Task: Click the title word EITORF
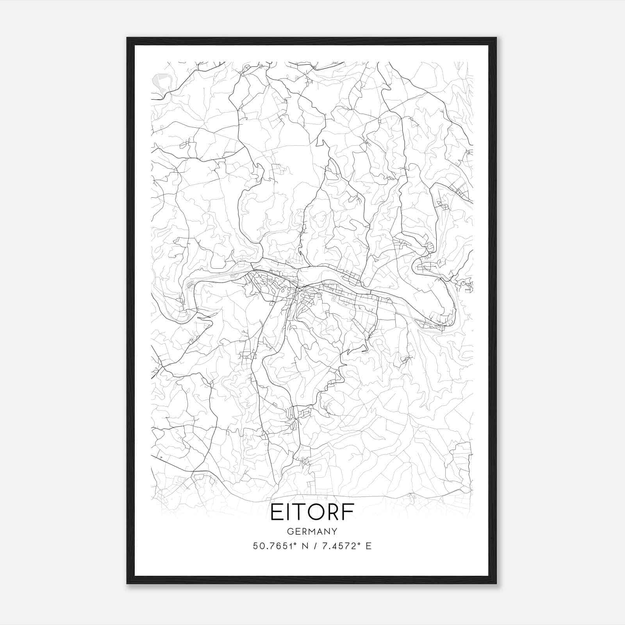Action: tap(312, 512)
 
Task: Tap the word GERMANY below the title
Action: tap(312, 532)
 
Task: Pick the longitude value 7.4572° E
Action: tap(344, 546)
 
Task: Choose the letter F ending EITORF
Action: tap(349, 512)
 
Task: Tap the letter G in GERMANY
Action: tap(289, 532)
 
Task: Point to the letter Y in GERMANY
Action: tap(334, 532)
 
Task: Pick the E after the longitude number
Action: tap(369, 546)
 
